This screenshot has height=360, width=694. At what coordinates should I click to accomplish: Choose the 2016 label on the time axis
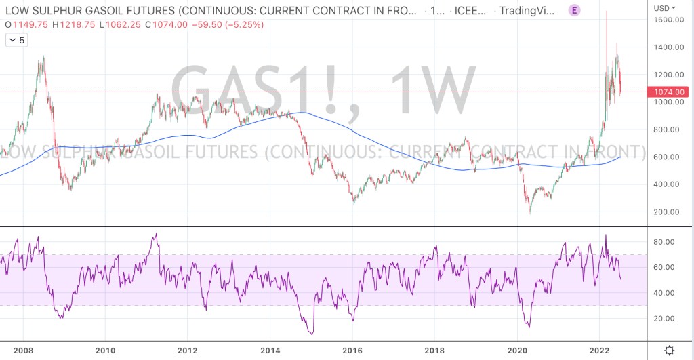[x=352, y=351]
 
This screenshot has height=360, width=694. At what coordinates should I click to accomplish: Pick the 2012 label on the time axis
[x=187, y=351]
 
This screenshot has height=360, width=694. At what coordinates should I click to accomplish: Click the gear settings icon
[x=669, y=351]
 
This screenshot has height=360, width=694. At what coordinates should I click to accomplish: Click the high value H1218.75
[x=73, y=24]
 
